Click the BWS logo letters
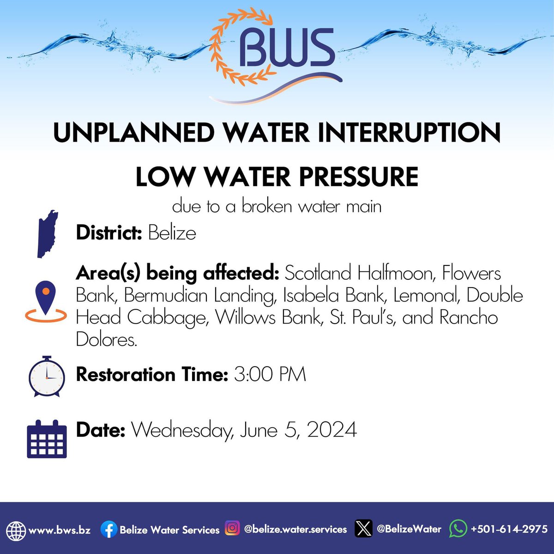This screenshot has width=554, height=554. (287, 48)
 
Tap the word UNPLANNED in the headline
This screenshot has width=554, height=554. (134, 133)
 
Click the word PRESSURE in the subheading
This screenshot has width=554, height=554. (361, 177)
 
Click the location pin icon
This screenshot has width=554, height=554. (46, 300)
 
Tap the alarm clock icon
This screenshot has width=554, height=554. (47, 377)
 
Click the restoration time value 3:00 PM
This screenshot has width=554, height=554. (270, 374)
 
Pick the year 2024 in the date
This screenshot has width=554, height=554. (332, 430)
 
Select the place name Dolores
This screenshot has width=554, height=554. (107, 340)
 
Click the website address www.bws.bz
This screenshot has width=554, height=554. (60, 530)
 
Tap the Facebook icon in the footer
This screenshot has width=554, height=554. (109, 530)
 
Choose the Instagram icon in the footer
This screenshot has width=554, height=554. (232, 528)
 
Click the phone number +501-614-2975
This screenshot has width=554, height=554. (509, 529)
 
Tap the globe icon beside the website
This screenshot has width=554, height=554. (16, 530)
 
